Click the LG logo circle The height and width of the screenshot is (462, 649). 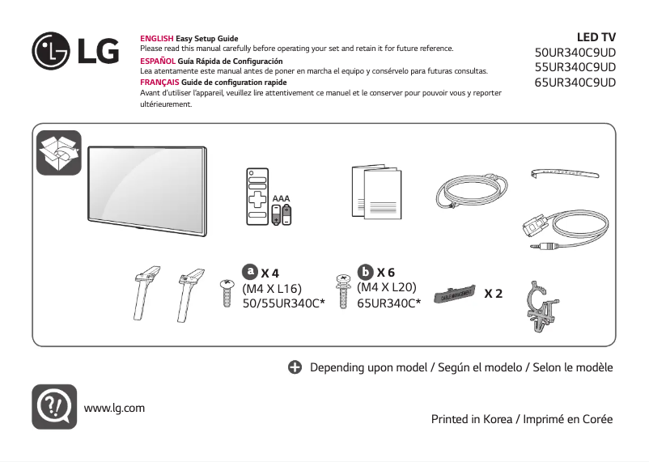tap(51, 50)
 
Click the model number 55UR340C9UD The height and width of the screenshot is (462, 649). tap(575, 67)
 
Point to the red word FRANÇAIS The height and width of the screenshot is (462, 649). tap(159, 83)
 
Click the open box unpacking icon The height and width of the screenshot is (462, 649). tap(59, 152)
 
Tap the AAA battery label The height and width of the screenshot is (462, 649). tap(281, 198)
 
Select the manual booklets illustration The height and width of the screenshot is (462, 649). tap(376, 193)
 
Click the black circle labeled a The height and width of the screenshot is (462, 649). tap(251, 271)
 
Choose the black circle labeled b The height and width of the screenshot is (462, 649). tap(366, 271)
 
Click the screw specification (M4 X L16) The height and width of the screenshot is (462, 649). tap(272, 288)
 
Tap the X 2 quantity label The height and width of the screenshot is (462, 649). tap(493, 293)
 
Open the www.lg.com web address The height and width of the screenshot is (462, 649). tap(114, 408)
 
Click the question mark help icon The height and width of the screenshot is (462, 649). tap(54, 407)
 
